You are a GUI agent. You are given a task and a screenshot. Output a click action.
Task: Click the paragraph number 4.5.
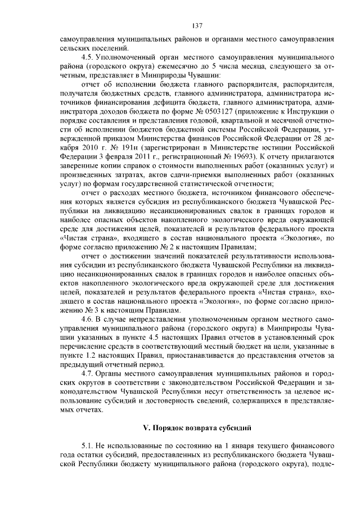(x=88, y=57)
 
